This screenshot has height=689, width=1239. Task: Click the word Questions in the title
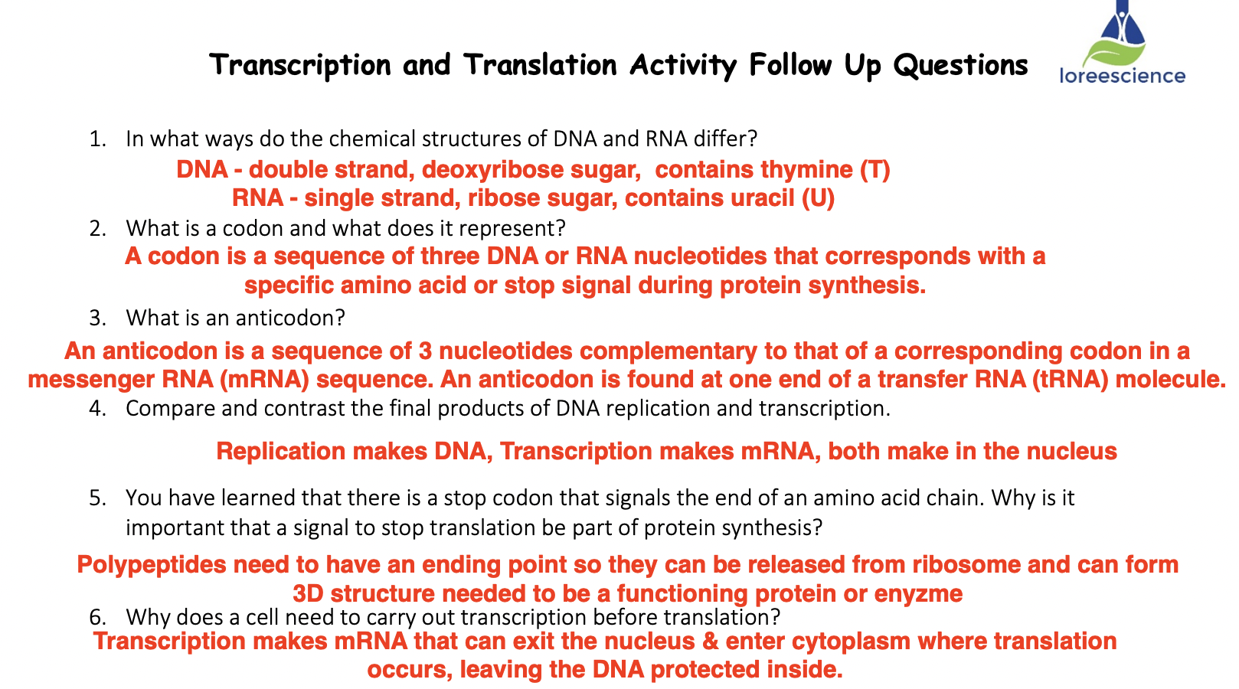point(960,65)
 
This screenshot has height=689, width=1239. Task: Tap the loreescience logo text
point(1123,76)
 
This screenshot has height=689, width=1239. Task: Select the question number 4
point(97,409)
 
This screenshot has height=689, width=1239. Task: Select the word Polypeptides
point(152,565)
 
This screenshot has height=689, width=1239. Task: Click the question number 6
point(97,617)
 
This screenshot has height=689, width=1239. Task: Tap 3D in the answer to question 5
point(308,594)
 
